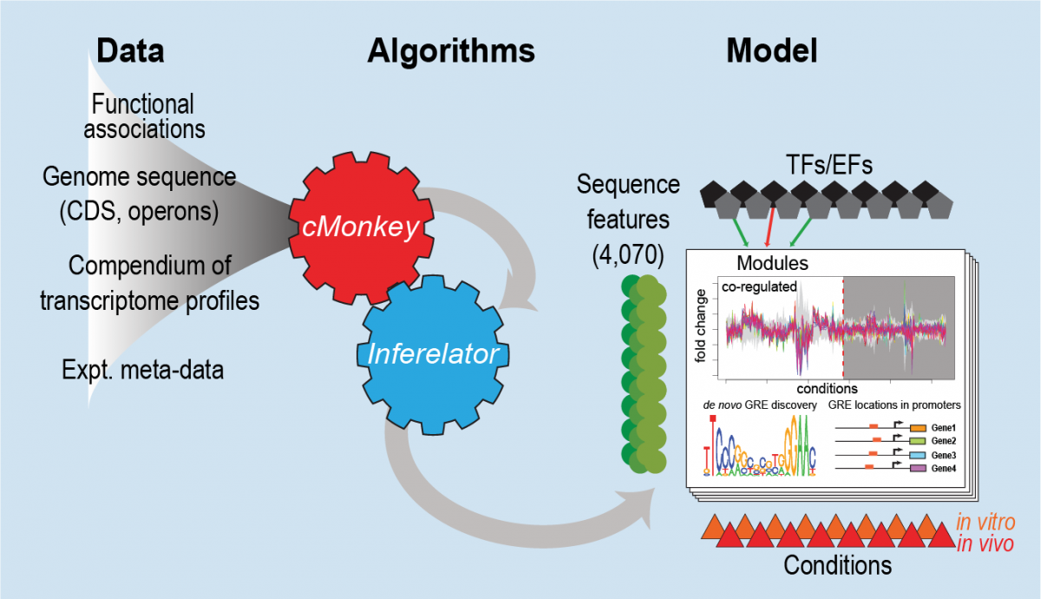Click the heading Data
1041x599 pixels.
pos(130,52)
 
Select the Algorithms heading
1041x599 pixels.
pos(451,52)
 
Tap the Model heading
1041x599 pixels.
pos(771,52)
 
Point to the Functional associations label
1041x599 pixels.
pos(144,116)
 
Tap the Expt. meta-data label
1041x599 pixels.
pos(143,371)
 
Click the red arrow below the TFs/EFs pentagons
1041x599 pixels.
pos(767,232)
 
